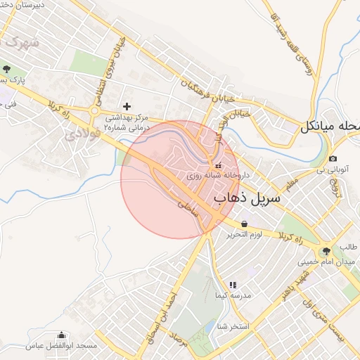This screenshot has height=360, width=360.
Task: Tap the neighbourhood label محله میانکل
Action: pos(330,127)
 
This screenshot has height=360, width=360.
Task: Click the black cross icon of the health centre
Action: pos(127,106)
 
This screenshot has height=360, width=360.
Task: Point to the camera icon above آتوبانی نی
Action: pos(333,159)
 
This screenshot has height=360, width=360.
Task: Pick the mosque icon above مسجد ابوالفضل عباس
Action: pos(61,335)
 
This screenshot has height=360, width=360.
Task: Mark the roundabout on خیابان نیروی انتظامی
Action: pos(95,110)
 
